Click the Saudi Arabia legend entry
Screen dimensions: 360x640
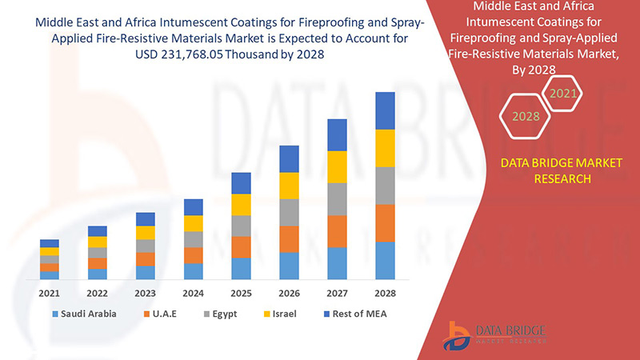84,314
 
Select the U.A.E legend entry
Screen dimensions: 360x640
159,314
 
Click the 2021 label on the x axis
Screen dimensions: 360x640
50,292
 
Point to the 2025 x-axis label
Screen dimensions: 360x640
241,292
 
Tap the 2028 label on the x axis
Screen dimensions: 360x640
385,292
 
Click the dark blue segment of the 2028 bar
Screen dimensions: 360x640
385,110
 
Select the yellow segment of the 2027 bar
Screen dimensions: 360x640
337,166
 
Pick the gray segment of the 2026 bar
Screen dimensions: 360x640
289,212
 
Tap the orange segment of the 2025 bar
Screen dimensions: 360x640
241,246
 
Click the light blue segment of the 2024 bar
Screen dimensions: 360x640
193,271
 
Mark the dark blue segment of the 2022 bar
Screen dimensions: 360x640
98,231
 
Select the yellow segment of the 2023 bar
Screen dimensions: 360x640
146,233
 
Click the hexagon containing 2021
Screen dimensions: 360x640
562,94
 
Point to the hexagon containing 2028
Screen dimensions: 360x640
526,117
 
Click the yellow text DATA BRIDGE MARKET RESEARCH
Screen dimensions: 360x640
561,170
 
